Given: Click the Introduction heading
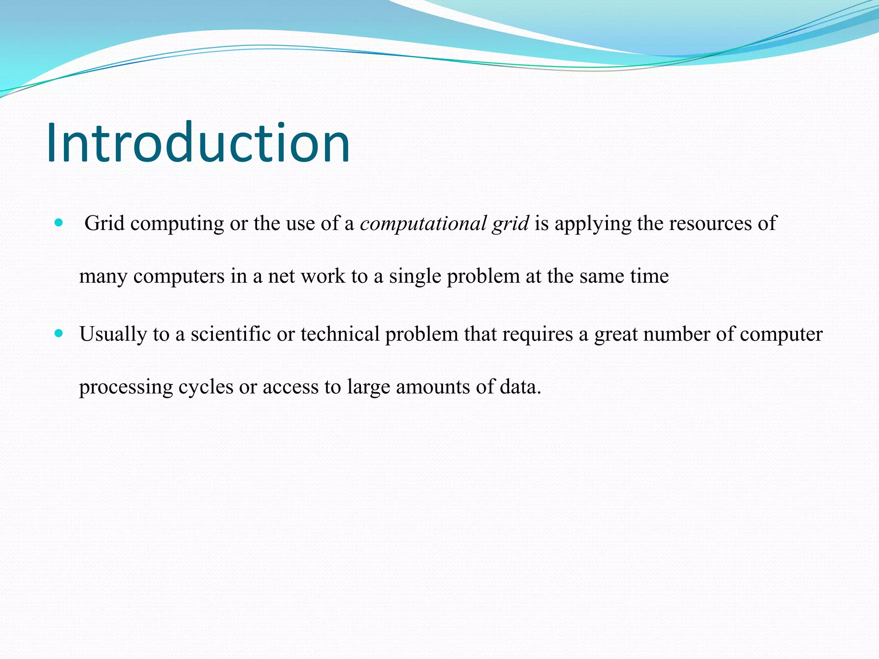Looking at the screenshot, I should (x=198, y=142).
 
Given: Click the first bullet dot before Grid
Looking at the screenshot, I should (x=59, y=223).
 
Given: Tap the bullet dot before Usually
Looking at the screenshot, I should (x=59, y=333).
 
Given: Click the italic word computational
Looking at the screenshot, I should (x=423, y=224).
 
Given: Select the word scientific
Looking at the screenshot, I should (x=230, y=334).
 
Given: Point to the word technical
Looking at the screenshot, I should (x=340, y=334).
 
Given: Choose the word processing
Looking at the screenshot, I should (x=126, y=387).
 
